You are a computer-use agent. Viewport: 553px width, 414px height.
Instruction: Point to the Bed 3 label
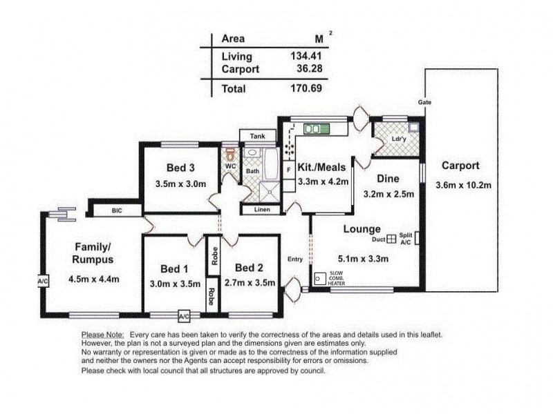click(x=180, y=167)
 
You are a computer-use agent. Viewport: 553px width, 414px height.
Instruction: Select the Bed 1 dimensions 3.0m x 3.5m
click(x=175, y=283)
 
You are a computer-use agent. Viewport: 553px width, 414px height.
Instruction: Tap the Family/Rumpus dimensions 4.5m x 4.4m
click(x=94, y=279)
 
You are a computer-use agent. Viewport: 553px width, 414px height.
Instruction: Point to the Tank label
click(x=258, y=136)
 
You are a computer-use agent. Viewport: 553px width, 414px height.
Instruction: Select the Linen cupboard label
click(x=262, y=209)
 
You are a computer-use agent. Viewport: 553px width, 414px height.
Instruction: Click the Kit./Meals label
click(x=321, y=167)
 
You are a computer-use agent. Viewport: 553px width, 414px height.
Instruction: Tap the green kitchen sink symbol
click(x=318, y=128)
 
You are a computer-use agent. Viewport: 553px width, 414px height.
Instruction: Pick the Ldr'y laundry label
click(x=398, y=139)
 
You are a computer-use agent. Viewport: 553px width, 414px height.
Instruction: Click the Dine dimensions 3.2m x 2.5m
click(x=388, y=195)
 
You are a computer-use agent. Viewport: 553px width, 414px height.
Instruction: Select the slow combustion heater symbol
click(x=320, y=279)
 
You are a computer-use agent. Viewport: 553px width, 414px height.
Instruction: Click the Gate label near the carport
click(x=424, y=102)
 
